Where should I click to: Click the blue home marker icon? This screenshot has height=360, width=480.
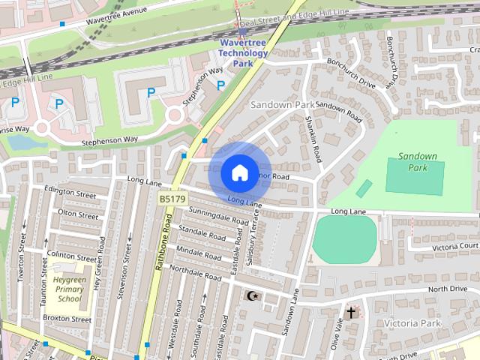click(238, 172)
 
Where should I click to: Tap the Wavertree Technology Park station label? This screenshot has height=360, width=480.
click(242, 53)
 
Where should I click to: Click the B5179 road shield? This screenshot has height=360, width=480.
click(172, 199)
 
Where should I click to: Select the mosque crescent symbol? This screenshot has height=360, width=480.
click(253, 296)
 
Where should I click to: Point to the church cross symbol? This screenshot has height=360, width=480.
click(351, 310)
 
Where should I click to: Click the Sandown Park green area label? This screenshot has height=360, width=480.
click(417, 162)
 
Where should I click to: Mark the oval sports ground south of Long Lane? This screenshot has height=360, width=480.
click(344, 238)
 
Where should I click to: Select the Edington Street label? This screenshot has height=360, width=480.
click(70, 193)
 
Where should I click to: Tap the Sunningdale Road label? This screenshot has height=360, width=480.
click(218, 217)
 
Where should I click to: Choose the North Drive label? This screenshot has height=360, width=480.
click(447, 289)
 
